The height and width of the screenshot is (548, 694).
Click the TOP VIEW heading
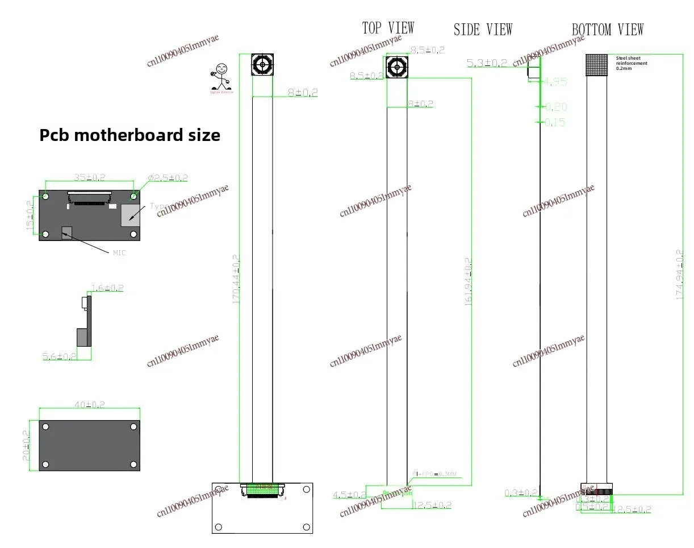point(388,28)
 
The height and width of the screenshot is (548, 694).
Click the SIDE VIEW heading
point(483,30)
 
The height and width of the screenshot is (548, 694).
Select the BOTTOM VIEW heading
point(607,30)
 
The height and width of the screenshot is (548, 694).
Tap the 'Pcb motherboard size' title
point(129,135)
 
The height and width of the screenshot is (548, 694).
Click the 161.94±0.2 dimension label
point(469,282)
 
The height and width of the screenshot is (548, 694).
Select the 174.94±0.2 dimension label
point(679,276)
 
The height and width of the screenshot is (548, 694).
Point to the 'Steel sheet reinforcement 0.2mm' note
point(632,63)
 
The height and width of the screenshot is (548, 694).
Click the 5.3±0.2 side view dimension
point(487,63)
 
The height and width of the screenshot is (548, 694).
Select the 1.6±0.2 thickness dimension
point(107,288)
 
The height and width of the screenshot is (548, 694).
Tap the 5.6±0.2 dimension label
point(59,356)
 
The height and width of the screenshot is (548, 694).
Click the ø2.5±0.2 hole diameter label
point(168,178)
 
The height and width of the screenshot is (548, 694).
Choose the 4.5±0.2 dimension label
point(349,495)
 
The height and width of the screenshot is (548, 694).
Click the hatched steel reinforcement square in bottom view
point(596,65)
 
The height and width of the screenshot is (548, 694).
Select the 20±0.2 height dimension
point(26,445)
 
